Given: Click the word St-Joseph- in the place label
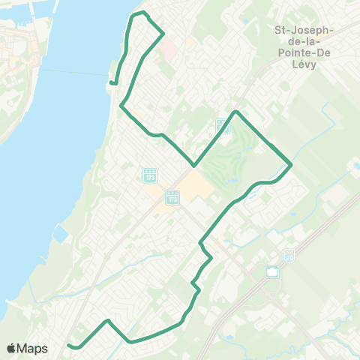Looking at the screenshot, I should coord(304,29).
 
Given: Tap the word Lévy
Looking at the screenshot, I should coord(304,64).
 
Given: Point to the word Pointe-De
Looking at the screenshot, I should coord(304,53).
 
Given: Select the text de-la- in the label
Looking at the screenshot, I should coord(304,41).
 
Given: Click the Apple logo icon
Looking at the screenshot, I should coord(11,349).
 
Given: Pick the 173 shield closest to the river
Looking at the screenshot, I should coord(149,175).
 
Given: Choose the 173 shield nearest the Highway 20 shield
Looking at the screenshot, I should coord(173,199).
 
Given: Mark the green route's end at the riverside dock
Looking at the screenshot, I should coord(111,82).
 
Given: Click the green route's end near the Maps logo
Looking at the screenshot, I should coord(69,346).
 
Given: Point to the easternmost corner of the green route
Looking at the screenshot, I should coord(291,163).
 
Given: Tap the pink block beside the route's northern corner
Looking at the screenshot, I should coord(169,49).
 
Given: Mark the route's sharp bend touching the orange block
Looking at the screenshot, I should coord(194,166).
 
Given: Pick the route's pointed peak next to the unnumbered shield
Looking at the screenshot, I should coord(236,112).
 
